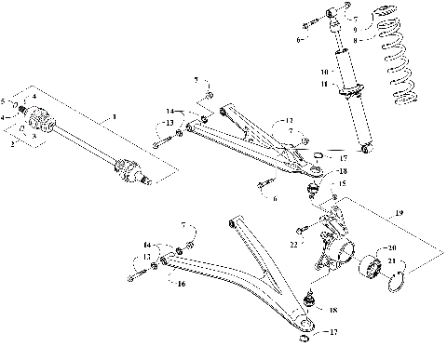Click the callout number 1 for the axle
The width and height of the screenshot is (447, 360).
click(x=114, y=116)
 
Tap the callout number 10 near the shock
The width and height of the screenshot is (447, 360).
click(x=324, y=71)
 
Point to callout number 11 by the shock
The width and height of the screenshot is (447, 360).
click(x=324, y=85)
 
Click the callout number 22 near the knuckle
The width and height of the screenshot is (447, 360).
click(x=294, y=244)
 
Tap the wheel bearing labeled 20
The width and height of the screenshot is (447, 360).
click(x=370, y=267)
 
